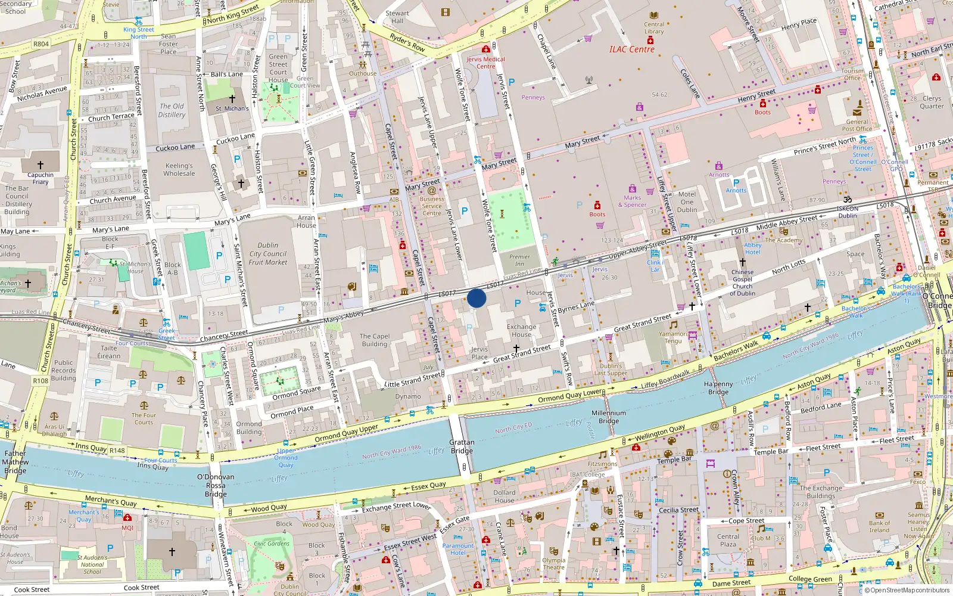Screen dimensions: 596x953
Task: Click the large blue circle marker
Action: pos(476,298)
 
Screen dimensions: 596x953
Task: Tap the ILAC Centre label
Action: pos(631,49)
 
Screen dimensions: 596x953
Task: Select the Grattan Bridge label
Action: pos(462,446)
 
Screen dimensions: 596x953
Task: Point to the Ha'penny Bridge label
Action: pos(718,388)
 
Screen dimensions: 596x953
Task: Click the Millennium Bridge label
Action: pos(609,417)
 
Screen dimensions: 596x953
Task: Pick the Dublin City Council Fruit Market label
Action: pos(268,254)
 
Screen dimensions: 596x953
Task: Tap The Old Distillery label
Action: pos(172,110)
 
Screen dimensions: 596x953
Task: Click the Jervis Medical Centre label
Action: pos(485,63)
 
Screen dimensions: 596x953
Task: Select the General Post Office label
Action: pos(857,125)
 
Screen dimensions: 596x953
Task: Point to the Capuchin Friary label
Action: pos(41,178)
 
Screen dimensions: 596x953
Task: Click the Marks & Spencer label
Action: pos(632,201)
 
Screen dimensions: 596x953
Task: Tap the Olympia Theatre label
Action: pos(553,564)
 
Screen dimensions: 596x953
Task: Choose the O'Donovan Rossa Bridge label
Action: pos(216,485)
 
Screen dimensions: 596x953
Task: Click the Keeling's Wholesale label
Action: pos(179,170)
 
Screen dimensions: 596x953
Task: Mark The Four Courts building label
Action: pos(144,419)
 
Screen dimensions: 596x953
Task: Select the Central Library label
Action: pos(653,28)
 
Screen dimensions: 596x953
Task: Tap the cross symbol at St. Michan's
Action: pos(232,99)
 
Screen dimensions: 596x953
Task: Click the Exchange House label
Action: pos(521,330)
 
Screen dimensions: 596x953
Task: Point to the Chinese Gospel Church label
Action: pos(742,283)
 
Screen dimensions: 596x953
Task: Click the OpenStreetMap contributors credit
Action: pos(907,591)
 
